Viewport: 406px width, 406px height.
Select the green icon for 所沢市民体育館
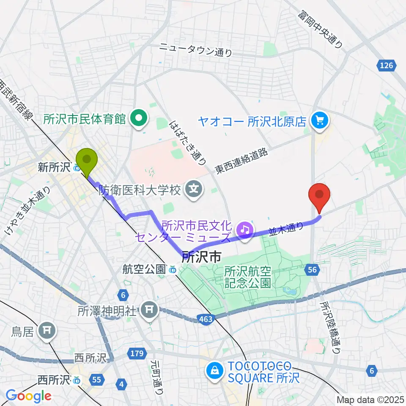(138, 119)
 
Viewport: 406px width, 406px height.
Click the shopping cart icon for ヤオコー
(319, 122)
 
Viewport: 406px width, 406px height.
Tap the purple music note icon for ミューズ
(244, 230)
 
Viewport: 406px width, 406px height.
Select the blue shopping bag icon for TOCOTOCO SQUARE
(214, 371)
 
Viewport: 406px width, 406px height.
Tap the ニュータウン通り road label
(196, 50)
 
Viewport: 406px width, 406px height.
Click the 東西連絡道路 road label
(241, 162)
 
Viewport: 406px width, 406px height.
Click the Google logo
(28, 396)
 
